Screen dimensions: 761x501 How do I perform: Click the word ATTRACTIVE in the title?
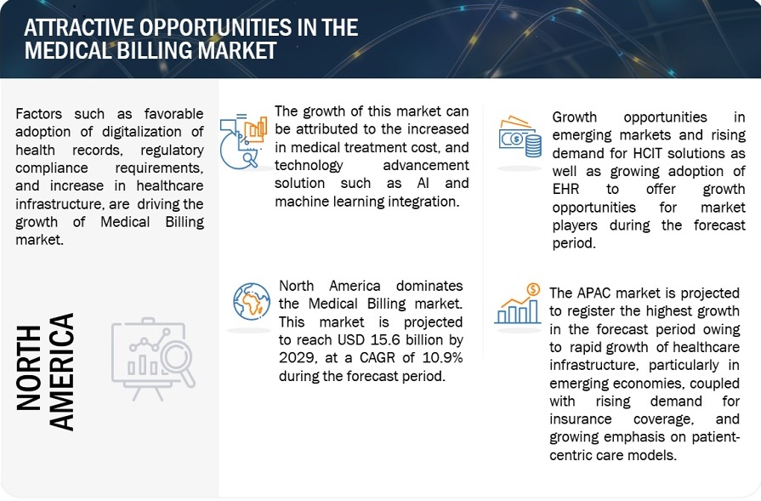pyautogui.click(x=79, y=28)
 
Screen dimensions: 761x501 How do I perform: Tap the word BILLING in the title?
pyautogui.click(x=154, y=50)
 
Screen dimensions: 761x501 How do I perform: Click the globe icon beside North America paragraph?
pyautogui.click(x=252, y=301)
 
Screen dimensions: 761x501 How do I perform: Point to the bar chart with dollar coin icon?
pyautogui.click(x=518, y=304)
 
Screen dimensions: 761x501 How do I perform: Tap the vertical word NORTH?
pyautogui.click(x=29, y=368)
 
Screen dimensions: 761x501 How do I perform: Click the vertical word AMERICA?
pyautogui.click(x=62, y=373)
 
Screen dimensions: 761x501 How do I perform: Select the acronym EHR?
pyautogui.click(x=566, y=190)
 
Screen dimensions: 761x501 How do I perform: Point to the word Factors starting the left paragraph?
pyautogui.click(x=39, y=114)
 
